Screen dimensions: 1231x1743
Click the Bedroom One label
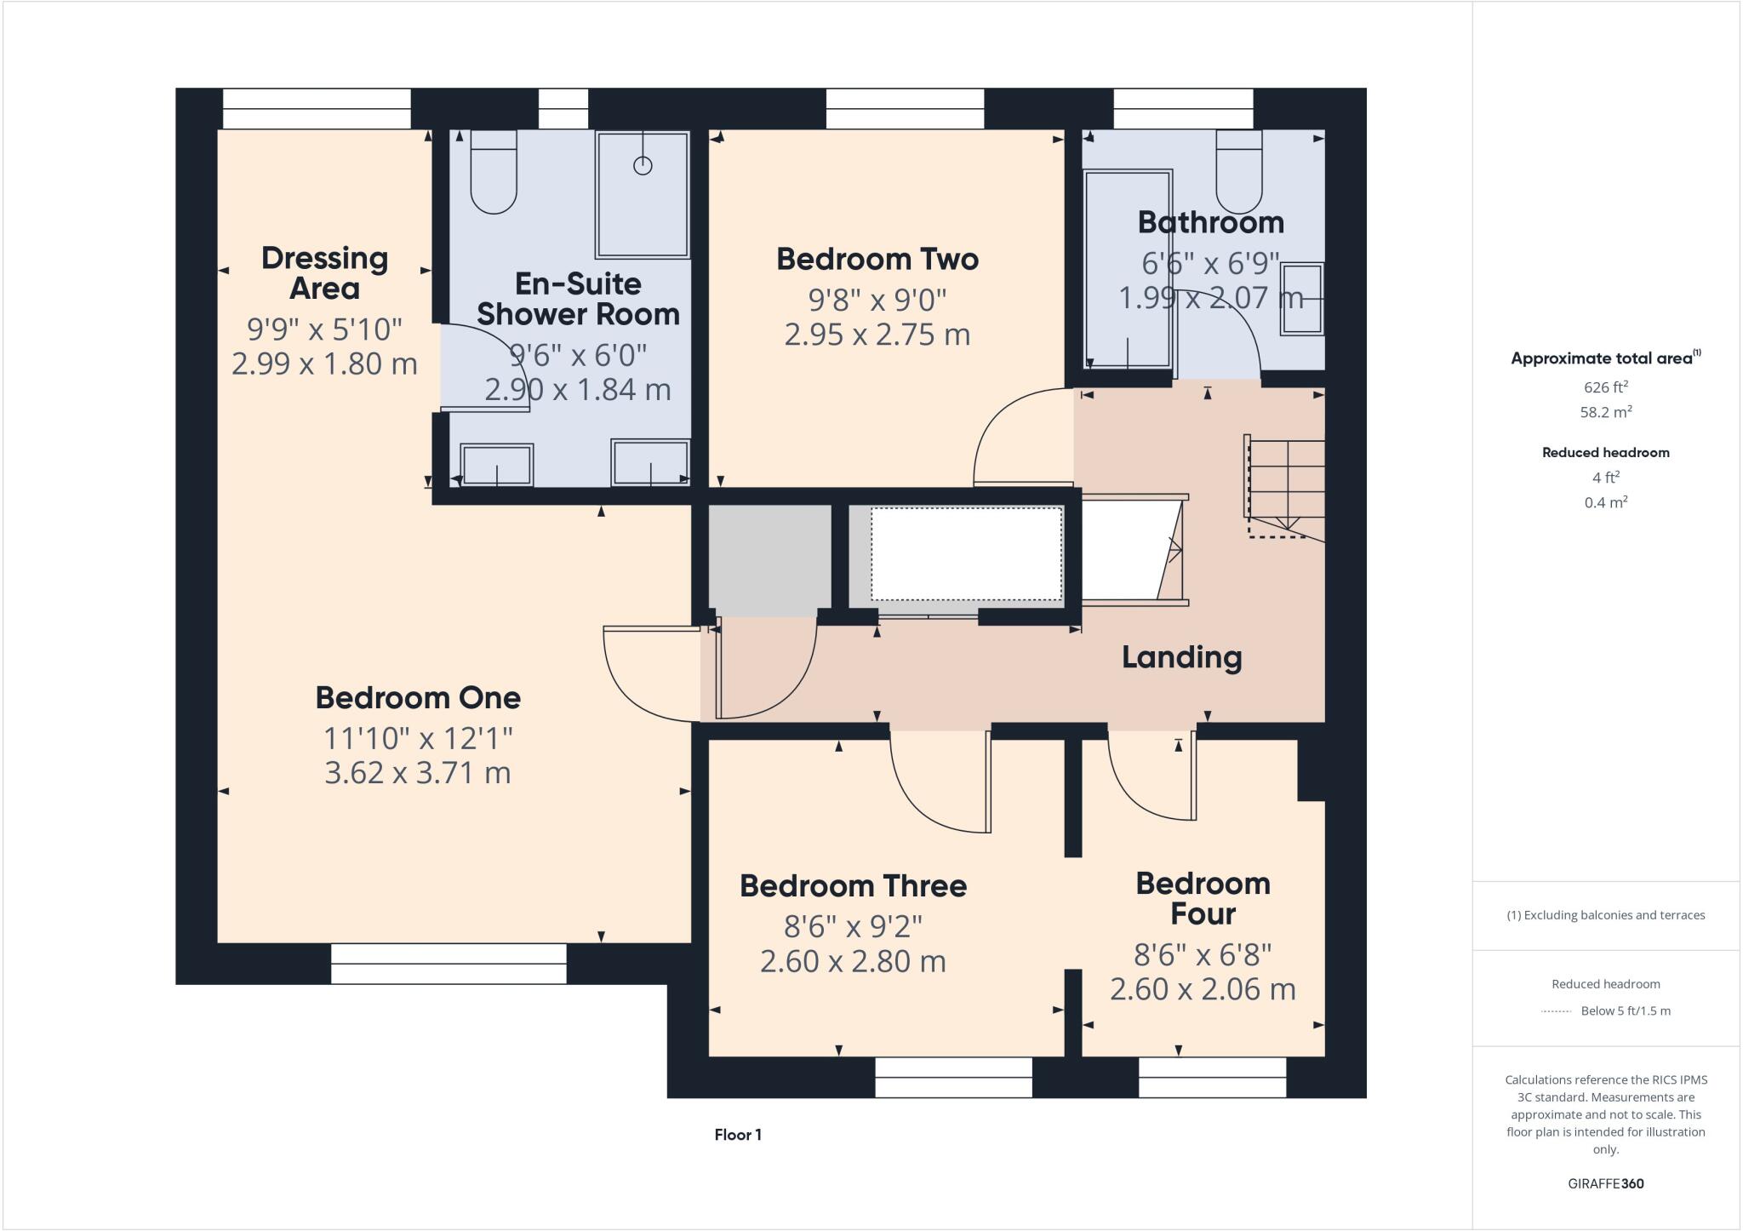click(x=418, y=697)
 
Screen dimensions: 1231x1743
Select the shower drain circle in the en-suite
click(x=643, y=166)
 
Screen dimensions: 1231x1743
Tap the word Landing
click(x=1181, y=657)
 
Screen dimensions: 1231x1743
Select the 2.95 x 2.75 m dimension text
click(x=877, y=335)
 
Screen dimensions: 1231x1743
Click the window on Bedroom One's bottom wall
click(x=449, y=964)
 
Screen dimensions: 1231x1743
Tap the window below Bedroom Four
click(x=1212, y=1078)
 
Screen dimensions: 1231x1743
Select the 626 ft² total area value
click(x=1605, y=387)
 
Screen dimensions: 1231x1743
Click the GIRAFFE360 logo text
click(x=1605, y=1183)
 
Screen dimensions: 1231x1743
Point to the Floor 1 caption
click(x=738, y=1135)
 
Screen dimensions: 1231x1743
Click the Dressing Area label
click(x=324, y=272)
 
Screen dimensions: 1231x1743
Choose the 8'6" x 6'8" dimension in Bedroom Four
click(x=1203, y=955)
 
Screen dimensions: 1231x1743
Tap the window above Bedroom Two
click(x=905, y=109)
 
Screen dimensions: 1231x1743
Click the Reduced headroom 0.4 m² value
click(x=1605, y=502)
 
